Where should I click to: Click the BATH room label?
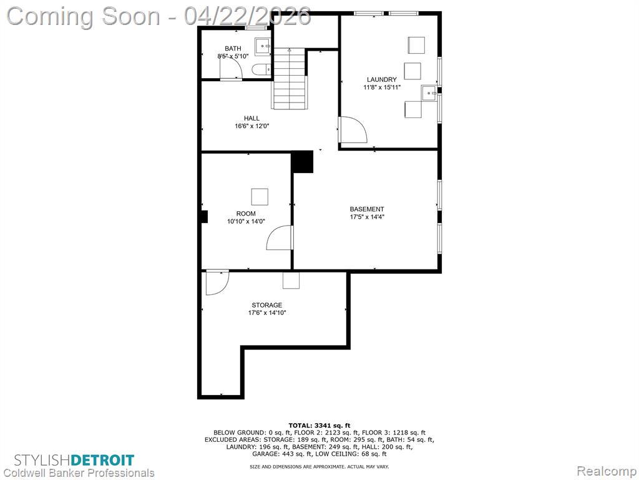(x=233, y=49)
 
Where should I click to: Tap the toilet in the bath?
(x=261, y=70)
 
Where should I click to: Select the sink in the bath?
(x=263, y=46)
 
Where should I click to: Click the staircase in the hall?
(x=289, y=78)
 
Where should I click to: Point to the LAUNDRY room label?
(x=381, y=79)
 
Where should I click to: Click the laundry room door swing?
(x=354, y=129)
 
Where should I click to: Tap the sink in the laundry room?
(x=429, y=93)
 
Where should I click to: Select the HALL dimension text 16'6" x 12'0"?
(x=252, y=126)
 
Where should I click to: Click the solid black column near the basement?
(x=303, y=162)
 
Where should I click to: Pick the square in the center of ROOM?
(x=260, y=197)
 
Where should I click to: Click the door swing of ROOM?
(x=280, y=237)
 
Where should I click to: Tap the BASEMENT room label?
(x=367, y=209)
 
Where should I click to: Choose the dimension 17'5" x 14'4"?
(x=367, y=217)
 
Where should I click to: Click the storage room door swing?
(x=217, y=282)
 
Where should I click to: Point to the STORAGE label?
(x=267, y=305)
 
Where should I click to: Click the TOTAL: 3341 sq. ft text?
(x=319, y=426)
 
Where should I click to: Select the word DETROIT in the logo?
(x=102, y=461)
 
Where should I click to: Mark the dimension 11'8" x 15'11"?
(x=382, y=87)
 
